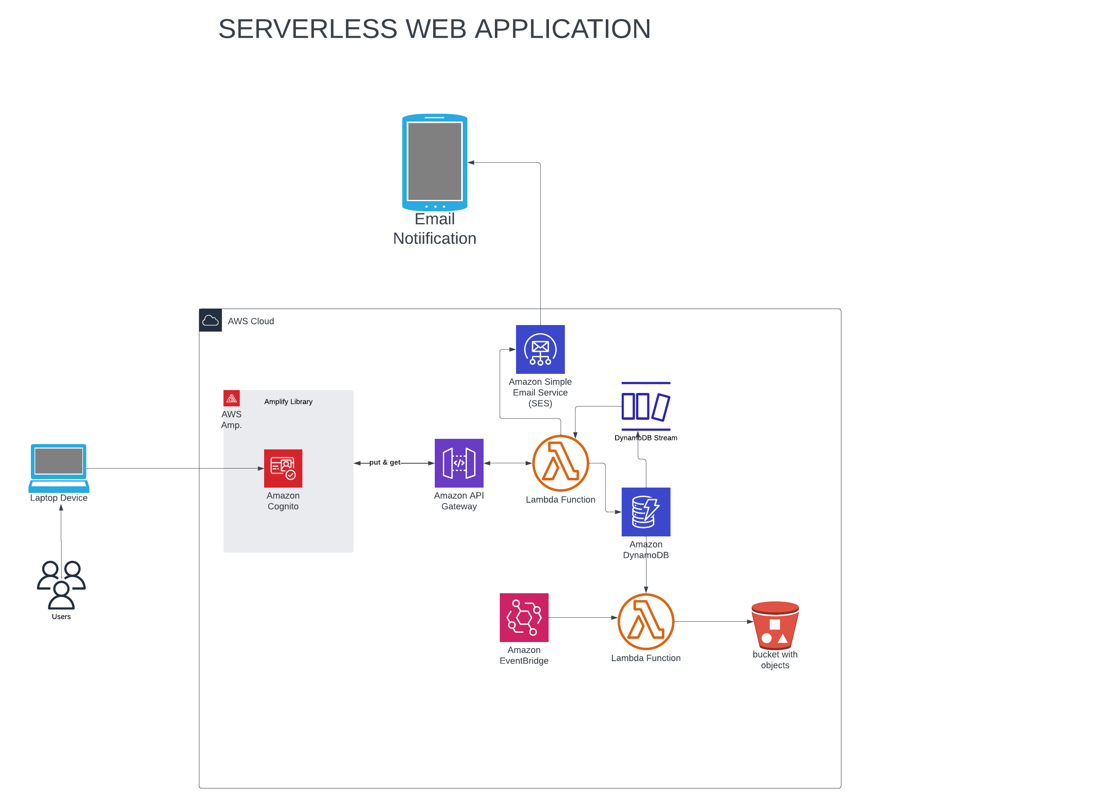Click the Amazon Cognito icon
[x=283, y=468]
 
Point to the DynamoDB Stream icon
[x=646, y=406]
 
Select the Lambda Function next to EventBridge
[x=646, y=621]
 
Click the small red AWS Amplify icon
[x=232, y=398]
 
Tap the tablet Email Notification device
[x=434, y=162]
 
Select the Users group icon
[x=61, y=585]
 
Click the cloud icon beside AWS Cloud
[x=210, y=320]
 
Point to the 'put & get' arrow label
[x=385, y=462]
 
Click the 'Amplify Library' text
[x=288, y=401]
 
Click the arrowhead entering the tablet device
[x=471, y=163]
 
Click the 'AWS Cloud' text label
[x=251, y=321]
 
